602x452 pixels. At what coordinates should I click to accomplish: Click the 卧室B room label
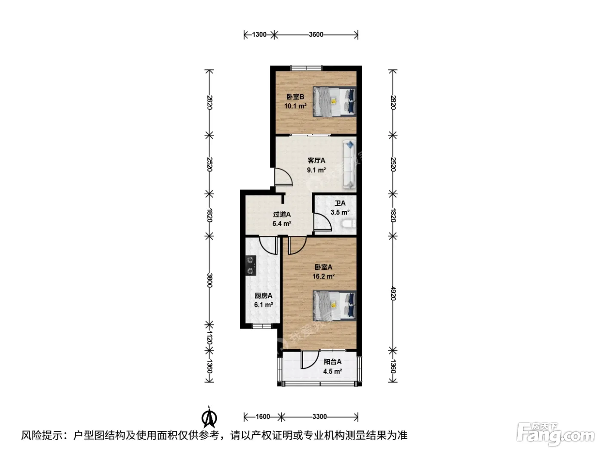295,97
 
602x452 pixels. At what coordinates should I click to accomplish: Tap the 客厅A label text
316,161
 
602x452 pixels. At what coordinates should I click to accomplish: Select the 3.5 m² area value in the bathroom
340,212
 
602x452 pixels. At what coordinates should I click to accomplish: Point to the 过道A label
282,214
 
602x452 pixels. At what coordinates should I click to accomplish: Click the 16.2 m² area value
323,276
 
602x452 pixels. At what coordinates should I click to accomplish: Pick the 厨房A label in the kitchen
263,296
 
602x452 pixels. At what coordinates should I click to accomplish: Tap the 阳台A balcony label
332,362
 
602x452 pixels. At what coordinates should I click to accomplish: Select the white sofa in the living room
349,165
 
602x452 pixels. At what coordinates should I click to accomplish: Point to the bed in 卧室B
335,102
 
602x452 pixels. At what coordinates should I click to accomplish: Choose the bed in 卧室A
335,306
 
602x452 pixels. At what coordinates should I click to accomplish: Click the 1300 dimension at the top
259,35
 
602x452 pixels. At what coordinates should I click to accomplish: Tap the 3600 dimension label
316,35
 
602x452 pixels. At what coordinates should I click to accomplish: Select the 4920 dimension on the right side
393,294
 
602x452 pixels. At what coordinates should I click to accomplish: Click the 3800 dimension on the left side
209,280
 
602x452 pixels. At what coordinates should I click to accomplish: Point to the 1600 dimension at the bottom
263,417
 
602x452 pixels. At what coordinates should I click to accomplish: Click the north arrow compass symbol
209,418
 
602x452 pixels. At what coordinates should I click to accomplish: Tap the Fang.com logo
555,434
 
